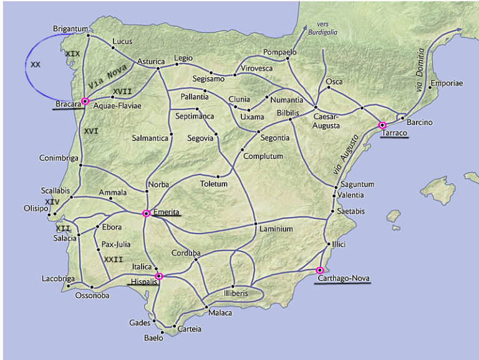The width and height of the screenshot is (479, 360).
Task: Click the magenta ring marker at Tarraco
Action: click(382, 125)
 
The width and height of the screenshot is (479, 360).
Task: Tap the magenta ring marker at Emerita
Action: click(146, 213)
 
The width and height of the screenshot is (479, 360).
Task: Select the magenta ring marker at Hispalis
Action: click(158, 276)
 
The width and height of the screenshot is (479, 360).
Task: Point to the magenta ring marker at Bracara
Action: click(85, 101)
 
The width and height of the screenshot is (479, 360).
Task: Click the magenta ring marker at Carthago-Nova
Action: click(320, 270)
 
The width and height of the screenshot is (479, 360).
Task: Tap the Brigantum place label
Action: click(70, 29)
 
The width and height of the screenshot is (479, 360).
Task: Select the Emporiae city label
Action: click(446, 82)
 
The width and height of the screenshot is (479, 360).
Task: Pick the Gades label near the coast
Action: click(140, 323)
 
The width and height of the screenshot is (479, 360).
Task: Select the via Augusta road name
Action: click(341, 155)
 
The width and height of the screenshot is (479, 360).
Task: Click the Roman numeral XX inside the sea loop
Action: click(36, 64)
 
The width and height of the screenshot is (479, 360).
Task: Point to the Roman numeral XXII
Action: click(114, 260)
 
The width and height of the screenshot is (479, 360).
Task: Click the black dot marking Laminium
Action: click(256, 223)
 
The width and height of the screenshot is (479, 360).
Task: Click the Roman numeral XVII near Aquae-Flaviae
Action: click(122, 92)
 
